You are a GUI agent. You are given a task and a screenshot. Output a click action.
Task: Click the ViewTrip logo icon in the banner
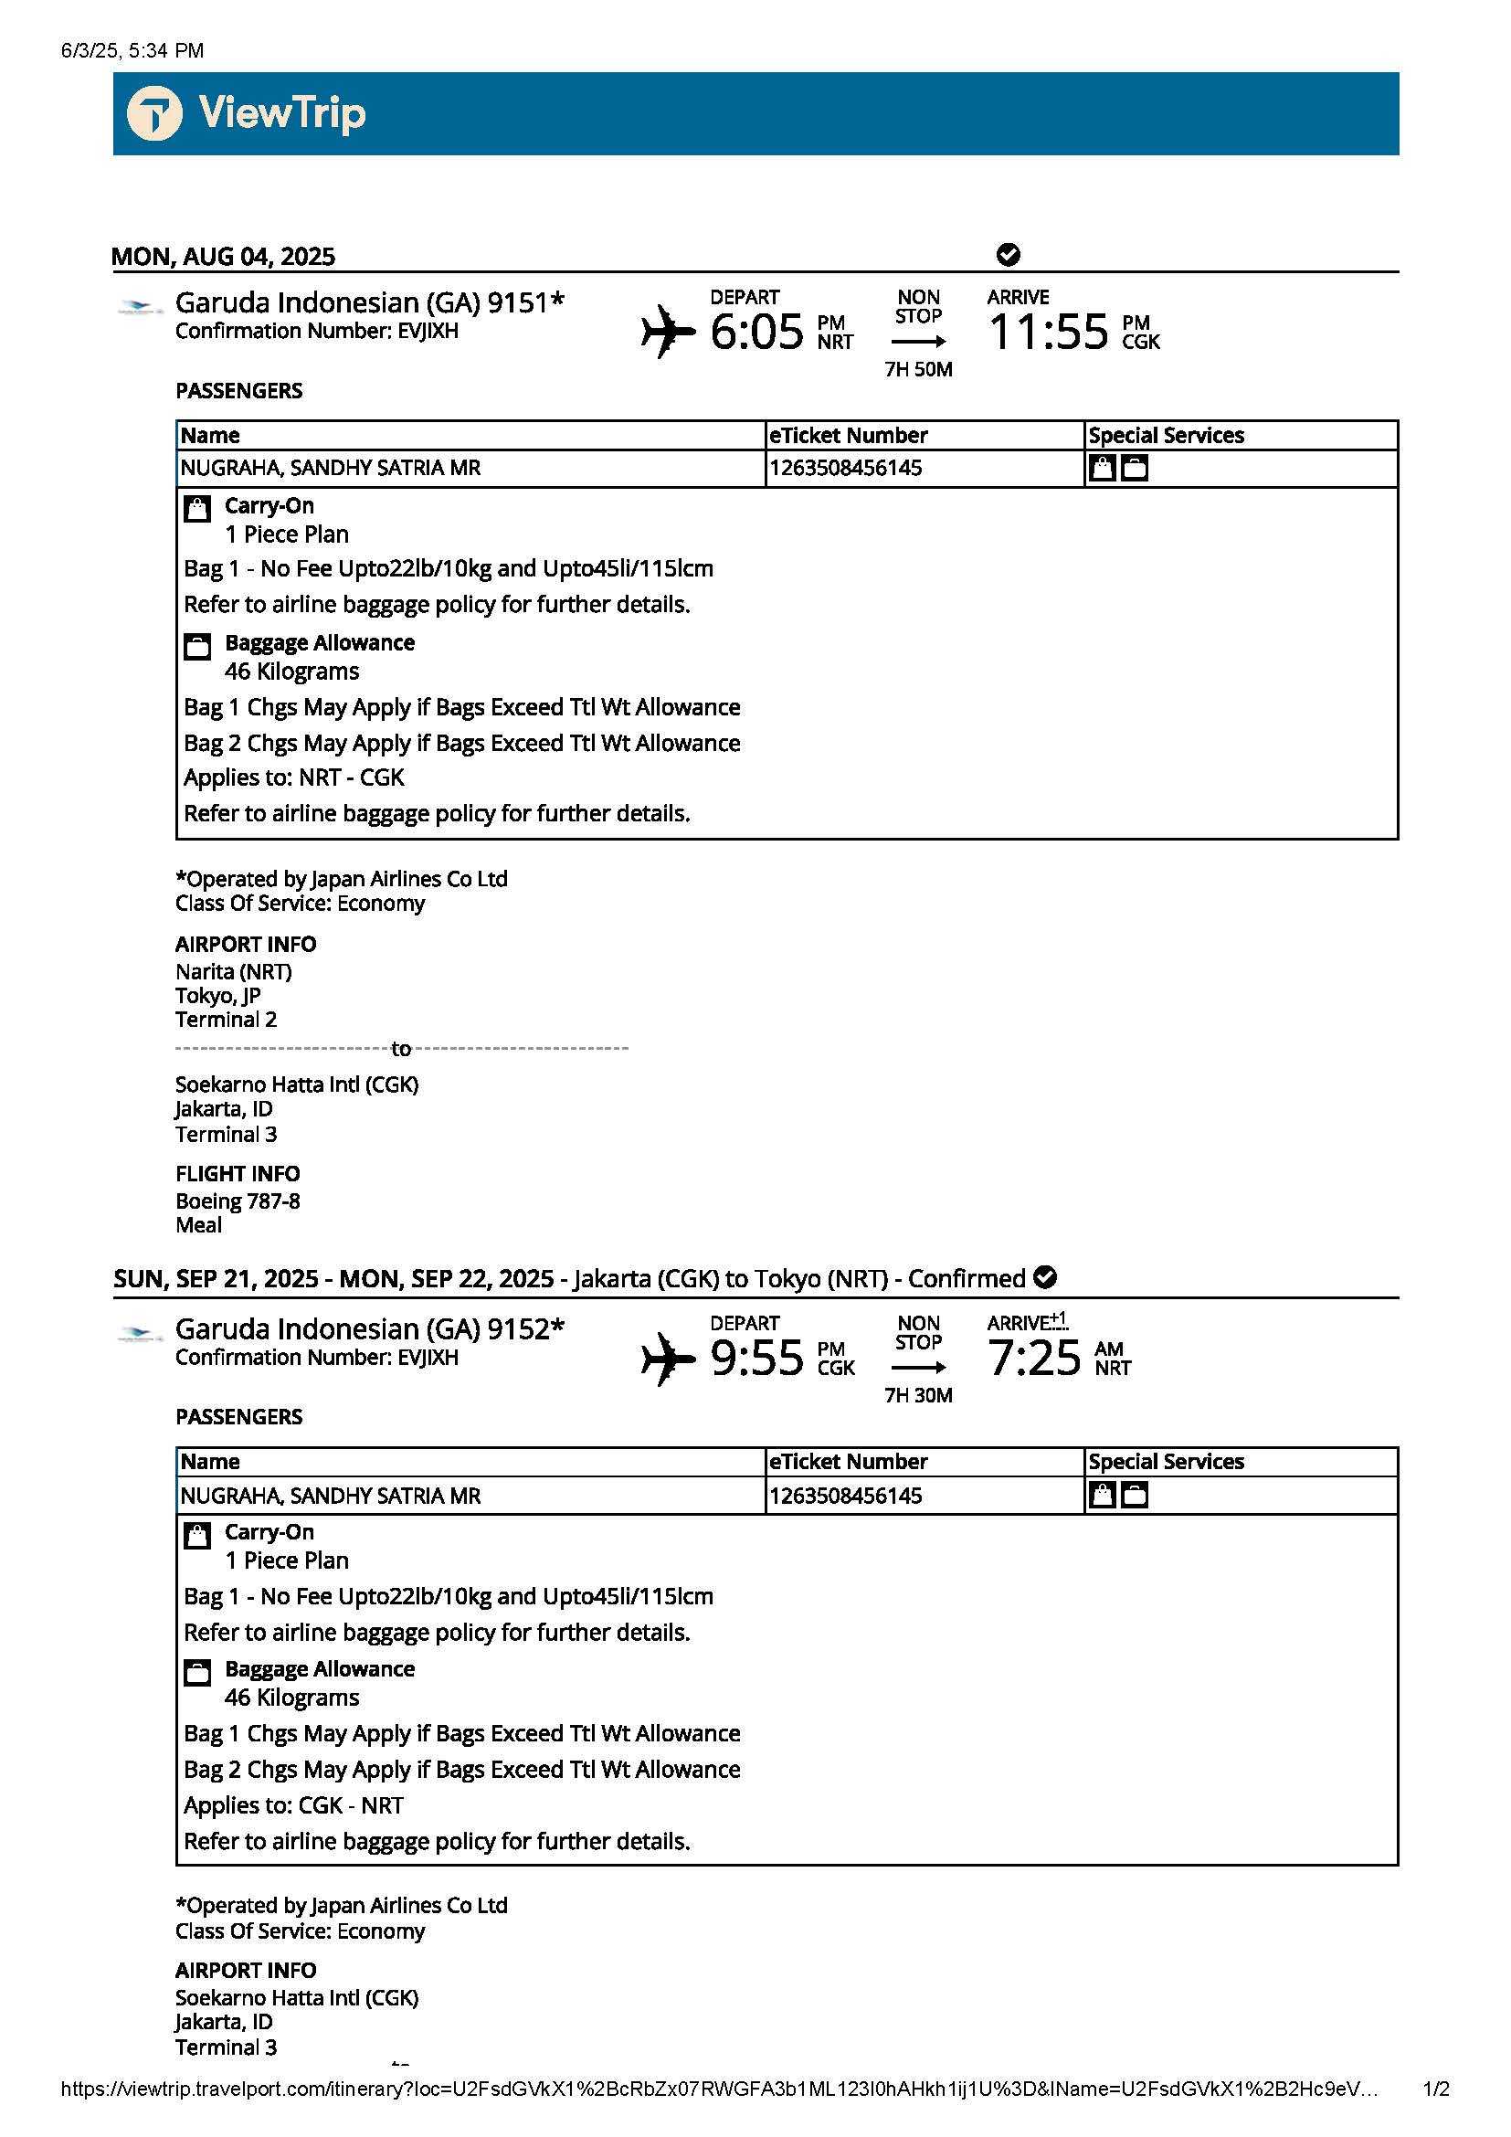[154, 113]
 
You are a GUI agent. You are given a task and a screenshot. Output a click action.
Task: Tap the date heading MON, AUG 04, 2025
[223, 256]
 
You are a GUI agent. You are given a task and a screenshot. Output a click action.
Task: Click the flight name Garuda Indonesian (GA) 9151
[369, 302]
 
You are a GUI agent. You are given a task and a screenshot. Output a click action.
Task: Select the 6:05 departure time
[756, 333]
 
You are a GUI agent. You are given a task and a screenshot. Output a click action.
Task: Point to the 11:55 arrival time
[1049, 333]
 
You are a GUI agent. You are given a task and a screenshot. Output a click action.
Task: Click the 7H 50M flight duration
[918, 369]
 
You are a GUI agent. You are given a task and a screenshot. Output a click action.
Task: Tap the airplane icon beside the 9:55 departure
[668, 1358]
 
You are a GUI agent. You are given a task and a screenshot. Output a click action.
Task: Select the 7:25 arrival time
[1035, 1358]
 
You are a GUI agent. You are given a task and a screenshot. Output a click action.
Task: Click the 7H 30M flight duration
[918, 1395]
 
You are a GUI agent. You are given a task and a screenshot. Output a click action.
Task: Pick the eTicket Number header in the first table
[848, 436]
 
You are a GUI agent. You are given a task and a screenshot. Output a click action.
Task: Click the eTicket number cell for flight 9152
[846, 1496]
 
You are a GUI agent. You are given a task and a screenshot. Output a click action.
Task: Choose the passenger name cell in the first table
[331, 468]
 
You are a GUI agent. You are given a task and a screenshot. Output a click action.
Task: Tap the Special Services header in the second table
[1166, 1461]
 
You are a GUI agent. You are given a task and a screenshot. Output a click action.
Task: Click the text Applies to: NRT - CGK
[294, 778]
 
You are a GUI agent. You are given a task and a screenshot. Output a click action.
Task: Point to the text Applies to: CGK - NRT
[294, 1805]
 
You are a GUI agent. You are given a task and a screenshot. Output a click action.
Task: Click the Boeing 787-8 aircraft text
[238, 1201]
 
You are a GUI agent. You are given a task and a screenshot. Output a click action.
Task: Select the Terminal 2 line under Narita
[226, 1021]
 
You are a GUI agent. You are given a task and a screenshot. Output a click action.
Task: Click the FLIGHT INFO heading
[238, 1174]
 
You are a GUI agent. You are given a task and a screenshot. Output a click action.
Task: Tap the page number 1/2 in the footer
[1436, 2089]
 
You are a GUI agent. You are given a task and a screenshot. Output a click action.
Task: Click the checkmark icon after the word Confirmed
[1045, 1277]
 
